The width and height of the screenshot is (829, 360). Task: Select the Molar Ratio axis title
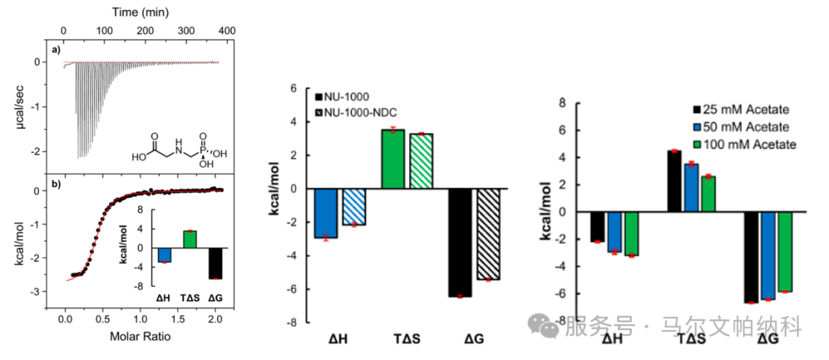[140, 335]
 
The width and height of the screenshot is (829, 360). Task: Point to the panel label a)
[56, 50]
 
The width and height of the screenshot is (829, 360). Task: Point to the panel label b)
[56, 185]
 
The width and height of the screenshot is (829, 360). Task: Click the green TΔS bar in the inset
[190, 239]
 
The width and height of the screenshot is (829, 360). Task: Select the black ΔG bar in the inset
[215, 263]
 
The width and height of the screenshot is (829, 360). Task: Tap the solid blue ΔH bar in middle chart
[326, 213]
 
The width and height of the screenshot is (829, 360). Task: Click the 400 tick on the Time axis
[225, 29]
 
